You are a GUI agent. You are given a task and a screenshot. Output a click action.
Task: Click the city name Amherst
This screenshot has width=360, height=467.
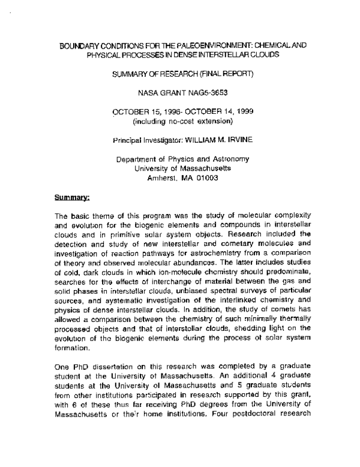(x=164, y=178)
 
